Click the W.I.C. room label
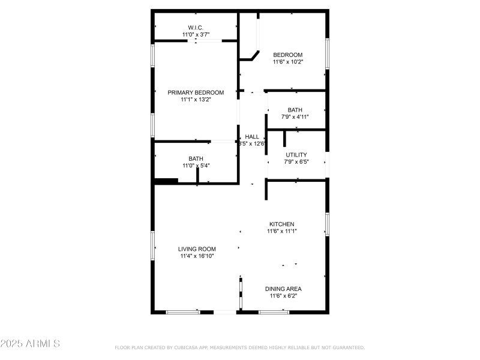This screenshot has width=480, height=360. tap(196, 28)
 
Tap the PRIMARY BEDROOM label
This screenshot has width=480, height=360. tap(196, 92)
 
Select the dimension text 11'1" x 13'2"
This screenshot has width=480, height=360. tap(196, 100)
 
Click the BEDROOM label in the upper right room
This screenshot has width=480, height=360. tap(288, 55)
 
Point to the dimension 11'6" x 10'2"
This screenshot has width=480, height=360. tap(288, 62)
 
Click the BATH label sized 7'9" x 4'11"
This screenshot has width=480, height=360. tap(295, 110)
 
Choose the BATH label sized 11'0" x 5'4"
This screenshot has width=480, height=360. tap(196, 158)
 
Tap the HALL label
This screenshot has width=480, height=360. tap(252, 137)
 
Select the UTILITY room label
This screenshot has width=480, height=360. tap(296, 155)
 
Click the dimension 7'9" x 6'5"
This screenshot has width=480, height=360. tap(296, 161)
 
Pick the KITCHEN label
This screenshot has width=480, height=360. tap(281, 224)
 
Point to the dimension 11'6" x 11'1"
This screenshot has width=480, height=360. tap(282, 231)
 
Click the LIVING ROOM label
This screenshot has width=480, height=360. tap(197, 249)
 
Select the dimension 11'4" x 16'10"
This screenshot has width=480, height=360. tap(197, 256)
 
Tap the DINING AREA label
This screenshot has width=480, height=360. tap(283, 289)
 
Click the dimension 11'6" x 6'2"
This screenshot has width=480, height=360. tap(283, 296)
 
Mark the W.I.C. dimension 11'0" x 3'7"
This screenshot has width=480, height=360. tap(196, 35)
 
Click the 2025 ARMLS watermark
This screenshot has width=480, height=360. tap(30, 344)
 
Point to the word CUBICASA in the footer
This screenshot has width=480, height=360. tap(187, 347)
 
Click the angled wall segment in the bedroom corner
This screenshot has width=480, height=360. tap(255, 55)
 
